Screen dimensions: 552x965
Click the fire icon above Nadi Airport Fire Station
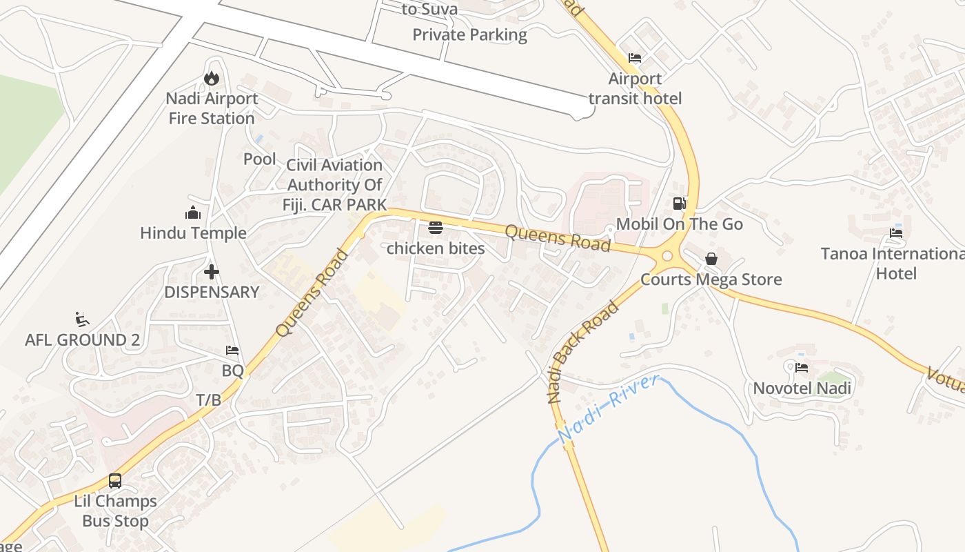pos(211,78)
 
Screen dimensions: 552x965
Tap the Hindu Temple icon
pos(193,213)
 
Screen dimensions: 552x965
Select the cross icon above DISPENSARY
pos(211,271)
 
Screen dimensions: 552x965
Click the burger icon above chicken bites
pos(435,227)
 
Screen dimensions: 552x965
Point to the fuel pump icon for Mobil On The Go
pos(679,204)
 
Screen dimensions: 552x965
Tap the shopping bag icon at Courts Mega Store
pos(711,259)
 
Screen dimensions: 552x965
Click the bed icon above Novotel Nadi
pos(801,367)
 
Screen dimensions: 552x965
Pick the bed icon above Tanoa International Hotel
pos(895,233)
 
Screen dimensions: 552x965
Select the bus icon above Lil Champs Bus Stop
pos(115,480)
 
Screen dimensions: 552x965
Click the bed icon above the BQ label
pos(232,351)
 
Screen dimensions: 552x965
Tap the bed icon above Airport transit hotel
pos(634,58)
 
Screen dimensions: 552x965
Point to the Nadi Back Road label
pos(582,352)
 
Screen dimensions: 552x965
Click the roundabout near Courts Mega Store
pos(667,256)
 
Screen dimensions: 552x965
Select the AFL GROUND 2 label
pos(82,339)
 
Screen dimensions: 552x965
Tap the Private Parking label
pos(469,34)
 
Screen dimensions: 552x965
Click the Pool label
pos(259,159)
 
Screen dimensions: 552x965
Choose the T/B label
pos(209,400)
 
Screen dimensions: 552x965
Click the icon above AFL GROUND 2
pos(82,319)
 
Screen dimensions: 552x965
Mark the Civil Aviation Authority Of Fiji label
pos(334,184)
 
